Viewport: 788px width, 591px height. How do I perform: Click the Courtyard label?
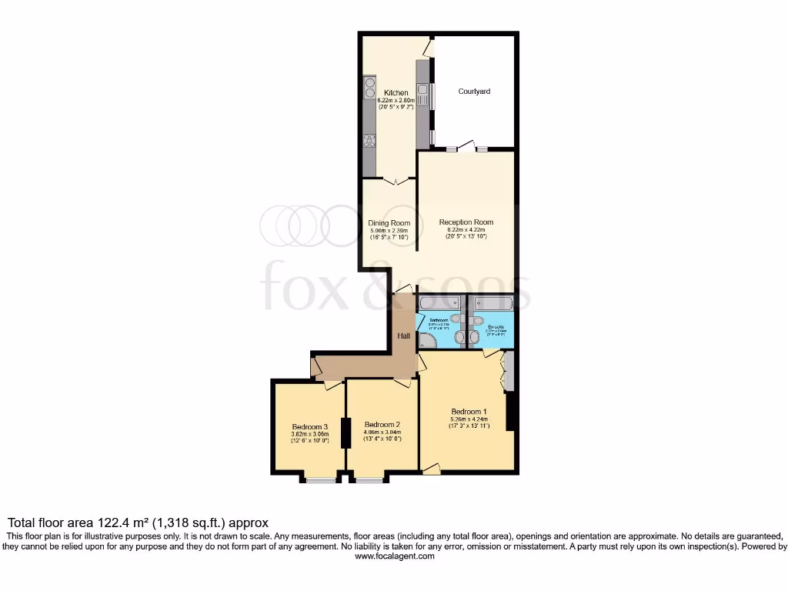pyautogui.click(x=474, y=92)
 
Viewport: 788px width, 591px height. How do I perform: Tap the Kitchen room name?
pyautogui.click(x=396, y=93)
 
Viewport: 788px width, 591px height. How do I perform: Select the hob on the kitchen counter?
pyautogui.click(x=369, y=140)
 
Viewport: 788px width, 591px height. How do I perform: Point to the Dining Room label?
pyautogui.click(x=389, y=223)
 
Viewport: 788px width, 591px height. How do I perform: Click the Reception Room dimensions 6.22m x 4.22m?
pyautogui.click(x=466, y=229)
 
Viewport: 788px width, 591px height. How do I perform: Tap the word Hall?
pyautogui.click(x=403, y=336)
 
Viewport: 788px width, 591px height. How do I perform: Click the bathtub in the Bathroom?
pyautogui.click(x=439, y=302)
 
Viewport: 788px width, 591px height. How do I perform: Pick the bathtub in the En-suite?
pyautogui.click(x=491, y=302)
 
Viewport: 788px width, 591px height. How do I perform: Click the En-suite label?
pyautogui.click(x=496, y=328)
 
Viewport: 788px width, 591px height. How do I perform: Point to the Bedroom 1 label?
pyautogui.click(x=469, y=411)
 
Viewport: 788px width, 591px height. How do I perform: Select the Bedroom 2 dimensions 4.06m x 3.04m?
pyautogui.click(x=382, y=432)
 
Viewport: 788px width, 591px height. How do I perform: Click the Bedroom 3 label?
pyautogui.click(x=310, y=427)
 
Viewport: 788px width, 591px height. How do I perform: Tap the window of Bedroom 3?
pyautogui.click(x=322, y=480)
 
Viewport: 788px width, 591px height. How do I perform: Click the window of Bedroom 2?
pyautogui.click(x=369, y=480)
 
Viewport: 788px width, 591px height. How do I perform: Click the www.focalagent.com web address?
pyautogui.click(x=394, y=556)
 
